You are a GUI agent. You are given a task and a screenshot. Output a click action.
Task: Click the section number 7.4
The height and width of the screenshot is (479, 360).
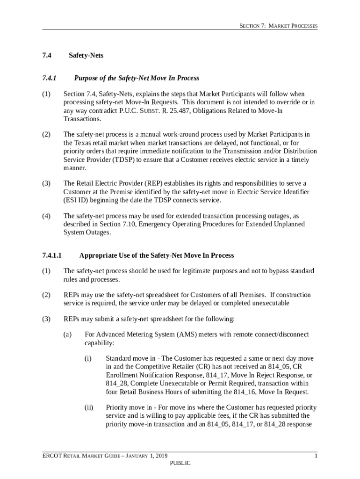click(x=46, y=56)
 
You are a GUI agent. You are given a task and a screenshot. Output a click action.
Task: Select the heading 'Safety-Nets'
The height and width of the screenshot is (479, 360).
click(x=86, y=56)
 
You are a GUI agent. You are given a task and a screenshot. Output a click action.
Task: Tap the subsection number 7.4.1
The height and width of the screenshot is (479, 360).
click(x=49, y=78)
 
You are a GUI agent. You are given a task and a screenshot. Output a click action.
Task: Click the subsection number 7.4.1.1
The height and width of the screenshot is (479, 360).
click(x=52, y=255)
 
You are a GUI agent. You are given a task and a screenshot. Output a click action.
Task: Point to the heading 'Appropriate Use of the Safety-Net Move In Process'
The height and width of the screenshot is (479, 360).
click(x=157, y=255)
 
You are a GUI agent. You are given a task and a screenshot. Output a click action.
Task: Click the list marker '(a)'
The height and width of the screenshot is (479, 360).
click(x=68, y=334)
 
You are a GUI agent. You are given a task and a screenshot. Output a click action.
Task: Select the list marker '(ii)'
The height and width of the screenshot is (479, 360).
click(x=89, y=407)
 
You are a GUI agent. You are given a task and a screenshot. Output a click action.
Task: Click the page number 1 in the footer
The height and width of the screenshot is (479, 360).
click(x=316, y=456)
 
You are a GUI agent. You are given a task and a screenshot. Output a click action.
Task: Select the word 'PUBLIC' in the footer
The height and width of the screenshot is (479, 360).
click(x=180, y=463)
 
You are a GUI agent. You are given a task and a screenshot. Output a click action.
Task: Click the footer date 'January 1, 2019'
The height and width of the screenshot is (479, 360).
click(x=147, y=456)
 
